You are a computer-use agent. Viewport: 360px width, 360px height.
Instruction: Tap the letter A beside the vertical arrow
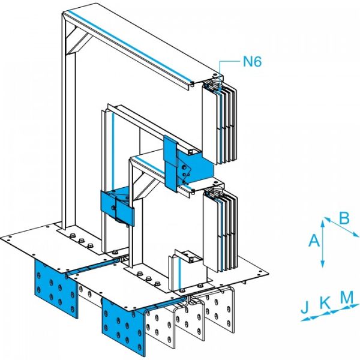click(313, 241)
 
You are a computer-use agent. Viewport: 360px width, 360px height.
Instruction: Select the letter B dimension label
click(344, 217)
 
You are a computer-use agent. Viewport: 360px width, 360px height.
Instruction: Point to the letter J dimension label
click(305, 308)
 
